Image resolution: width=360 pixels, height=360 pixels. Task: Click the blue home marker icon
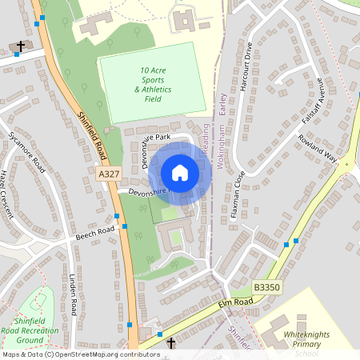(180, 173)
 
